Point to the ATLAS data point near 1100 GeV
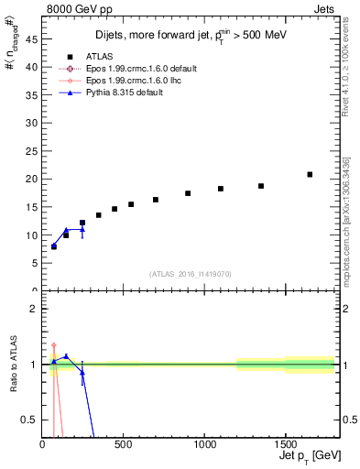(x=221, y=189)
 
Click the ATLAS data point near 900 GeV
(x=188, y=193)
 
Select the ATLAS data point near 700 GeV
(x=156, y=200)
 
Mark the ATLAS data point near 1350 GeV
(x=261, y=186)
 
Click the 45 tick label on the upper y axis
(x=32, y=39)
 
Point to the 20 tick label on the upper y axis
(x=32, y=180)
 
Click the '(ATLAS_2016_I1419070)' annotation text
(x=191, y=274)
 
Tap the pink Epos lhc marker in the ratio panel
(x=54, y=344)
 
